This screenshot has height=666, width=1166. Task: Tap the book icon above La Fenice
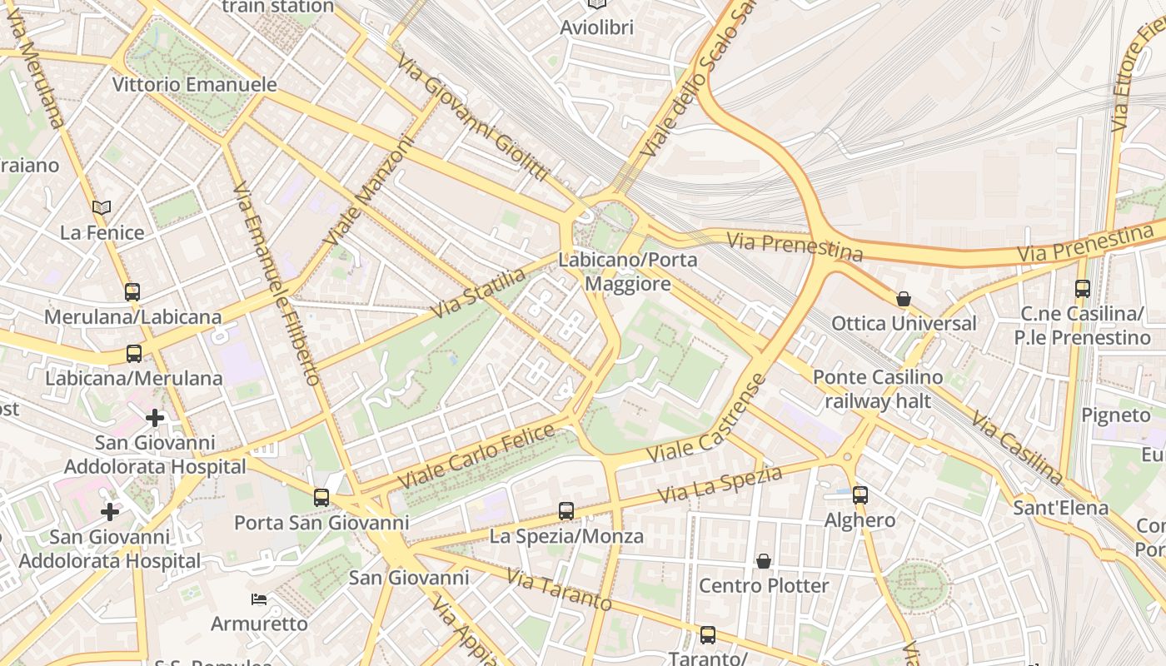coord(102,207)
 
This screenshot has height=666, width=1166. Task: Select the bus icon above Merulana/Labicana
coord(132,292)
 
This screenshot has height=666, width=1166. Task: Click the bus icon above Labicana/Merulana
coord(134,354)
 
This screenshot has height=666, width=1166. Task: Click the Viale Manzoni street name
coord(369,191)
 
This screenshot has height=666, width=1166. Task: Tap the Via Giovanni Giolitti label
coord(472,117)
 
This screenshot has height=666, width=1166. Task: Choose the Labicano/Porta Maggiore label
coord(628,272)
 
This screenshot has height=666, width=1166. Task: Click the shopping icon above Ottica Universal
coord(904,299)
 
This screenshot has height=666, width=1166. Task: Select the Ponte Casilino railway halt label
coord(878,389)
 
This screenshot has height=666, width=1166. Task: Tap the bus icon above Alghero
coord(860,495)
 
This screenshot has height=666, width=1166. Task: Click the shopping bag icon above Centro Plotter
coord(764,561)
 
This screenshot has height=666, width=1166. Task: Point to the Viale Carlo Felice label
coord(476,457)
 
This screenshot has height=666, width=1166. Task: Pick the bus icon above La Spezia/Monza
coord(566,511)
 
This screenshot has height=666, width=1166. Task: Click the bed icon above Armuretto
coord(259,599)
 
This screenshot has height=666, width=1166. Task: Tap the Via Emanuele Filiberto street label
coord(277,283)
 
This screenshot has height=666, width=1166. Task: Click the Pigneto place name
coord(1115,415)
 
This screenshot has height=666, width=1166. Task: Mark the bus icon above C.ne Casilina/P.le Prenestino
coord(1082,289)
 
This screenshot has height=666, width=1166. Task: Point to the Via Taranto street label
coord(559,591)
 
